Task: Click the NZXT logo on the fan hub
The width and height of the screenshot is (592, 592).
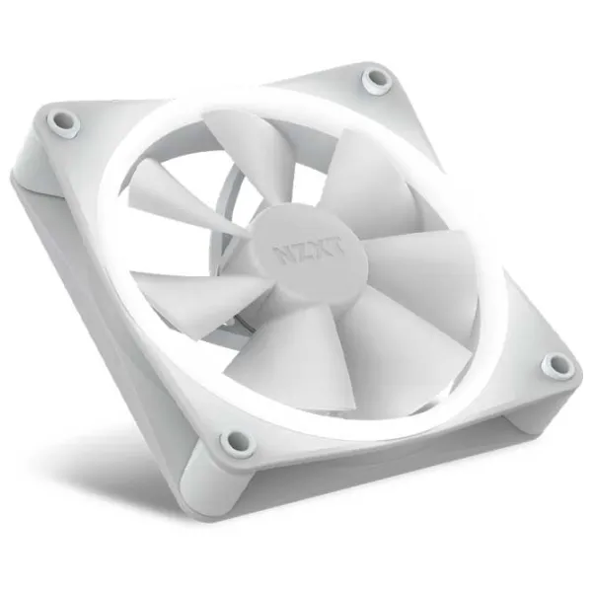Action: (x=307, y=250)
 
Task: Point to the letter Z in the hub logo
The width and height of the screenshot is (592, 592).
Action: (x=300, y=251)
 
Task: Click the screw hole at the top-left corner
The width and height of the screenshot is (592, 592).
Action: (x=63, y=120)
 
